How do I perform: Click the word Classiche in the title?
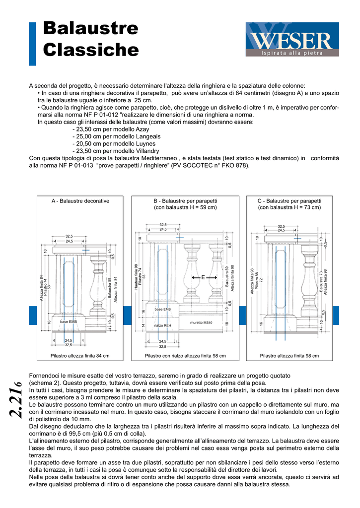pyautogui.click(x=91, y=50)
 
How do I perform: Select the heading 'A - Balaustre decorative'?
pyautogui.click(x=80, y=201)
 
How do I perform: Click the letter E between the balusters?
pyautogui.click(x=203, y=278)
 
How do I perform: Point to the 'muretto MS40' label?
pyautogui.click(x=201, y=322)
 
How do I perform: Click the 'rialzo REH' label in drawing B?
pyautogui.click(x=162, y=325)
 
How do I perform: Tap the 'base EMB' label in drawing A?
pyautogui.click(x=68, y=322)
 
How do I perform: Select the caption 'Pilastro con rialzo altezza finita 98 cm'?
pyautogui.click(x=185, y=356)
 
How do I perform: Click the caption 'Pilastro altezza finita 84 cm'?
pyautogui.click(x=80, y=356)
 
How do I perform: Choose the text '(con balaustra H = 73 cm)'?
pyautogui.click(x=289, y=207)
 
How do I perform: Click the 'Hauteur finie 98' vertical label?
pyautogui.click(x=136, y=278)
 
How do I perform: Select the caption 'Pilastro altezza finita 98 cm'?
pyautogui.click(x=289, y=356)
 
